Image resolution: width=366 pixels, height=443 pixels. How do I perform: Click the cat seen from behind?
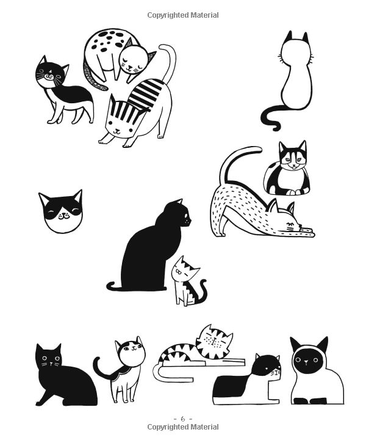[295, 76]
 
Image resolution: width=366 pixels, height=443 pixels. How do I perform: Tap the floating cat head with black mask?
[60, 211]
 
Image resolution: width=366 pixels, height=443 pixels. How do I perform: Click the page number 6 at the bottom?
[182, 419]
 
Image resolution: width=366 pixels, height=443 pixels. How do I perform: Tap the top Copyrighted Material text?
[182, 15]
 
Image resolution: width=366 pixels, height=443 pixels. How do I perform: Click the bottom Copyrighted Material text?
[182, 427]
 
